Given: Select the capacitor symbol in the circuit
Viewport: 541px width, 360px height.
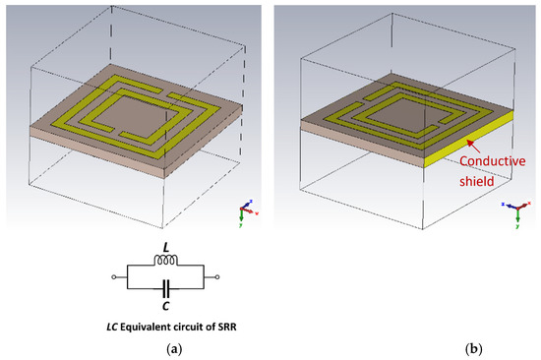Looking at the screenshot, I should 164,288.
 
